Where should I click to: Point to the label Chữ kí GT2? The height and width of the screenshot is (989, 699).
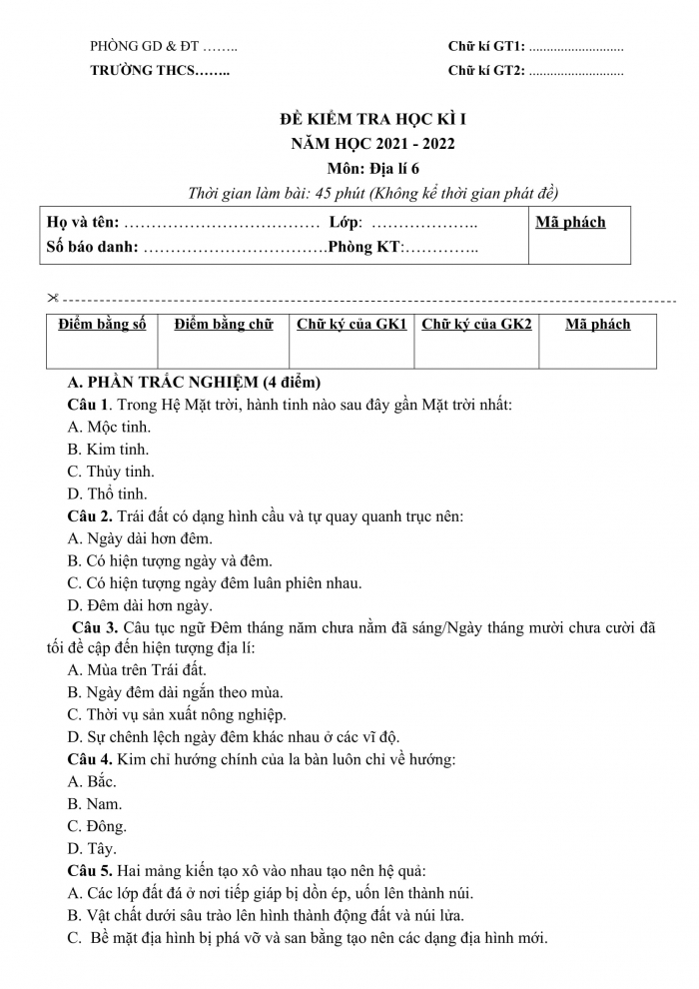(x=486, y=71)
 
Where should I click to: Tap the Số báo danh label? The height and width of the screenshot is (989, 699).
(x=93, y=247)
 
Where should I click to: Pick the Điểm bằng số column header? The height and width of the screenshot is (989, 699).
(x=102, y=324)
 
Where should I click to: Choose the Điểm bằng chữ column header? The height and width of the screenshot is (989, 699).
(x=223, y=324)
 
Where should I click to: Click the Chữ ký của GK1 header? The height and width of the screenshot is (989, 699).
(x=351, y=324)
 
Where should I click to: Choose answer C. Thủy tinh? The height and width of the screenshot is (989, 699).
(x=111, y=472)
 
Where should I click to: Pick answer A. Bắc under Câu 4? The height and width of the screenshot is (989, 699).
(x=92, y=782)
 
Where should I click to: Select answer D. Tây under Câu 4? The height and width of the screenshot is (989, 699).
(x=92, y=849)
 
